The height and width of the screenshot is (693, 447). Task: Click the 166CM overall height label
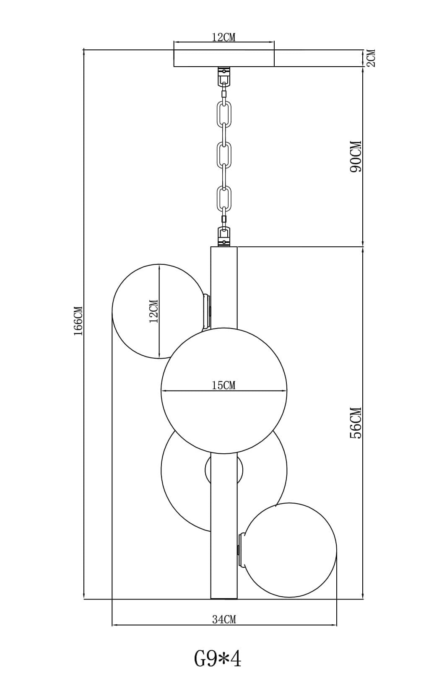pyautogui.click(x=78, y=321)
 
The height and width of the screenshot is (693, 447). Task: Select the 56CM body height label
pyautogui.click(x=355, y=423)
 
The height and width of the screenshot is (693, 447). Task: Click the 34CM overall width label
pyautogui.click(x=224, y=619)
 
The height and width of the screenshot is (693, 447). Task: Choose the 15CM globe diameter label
pyautogui.click(x=223, y=385)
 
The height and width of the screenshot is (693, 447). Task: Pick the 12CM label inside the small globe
pyautogui.click(x=154, y=311)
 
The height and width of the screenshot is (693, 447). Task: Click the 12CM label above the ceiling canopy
pyautogui.click(x=223, y=37)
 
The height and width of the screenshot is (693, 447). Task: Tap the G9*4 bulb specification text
pyautogui.click(x=218, y=659)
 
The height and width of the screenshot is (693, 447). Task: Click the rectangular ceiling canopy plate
pyautogui.click(x=224, y=58)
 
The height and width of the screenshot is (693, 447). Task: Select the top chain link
pyautogui.click(x=224, y=114)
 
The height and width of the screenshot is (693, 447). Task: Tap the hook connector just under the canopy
pyautogui.click(x=224, y=76)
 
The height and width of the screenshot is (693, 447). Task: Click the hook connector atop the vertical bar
pyautogui.click(x=224, y=236)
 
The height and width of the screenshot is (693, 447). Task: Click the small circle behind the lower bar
pyautogui.click(x=224, y=470)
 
